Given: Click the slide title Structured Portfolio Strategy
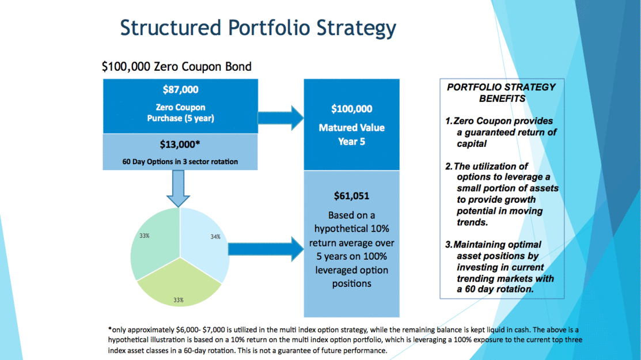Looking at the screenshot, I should [258, 28].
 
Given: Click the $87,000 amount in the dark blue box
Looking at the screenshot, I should [180, 90].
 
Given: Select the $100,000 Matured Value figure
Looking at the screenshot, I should [351, 109].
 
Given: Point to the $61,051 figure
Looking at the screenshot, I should [351, 196].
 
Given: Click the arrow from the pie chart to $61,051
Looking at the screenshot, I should [265, 249].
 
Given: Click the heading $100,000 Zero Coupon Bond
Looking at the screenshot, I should [177, 66].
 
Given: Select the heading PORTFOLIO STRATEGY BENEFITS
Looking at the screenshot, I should [501, 93].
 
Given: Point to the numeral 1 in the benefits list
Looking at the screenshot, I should [447, 121].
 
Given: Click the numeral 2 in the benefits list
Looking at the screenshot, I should [448, 166].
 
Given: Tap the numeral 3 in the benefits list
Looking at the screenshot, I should [448, 244].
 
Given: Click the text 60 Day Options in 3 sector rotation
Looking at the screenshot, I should [180, 161].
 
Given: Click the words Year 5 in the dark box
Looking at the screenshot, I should [351, 141].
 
